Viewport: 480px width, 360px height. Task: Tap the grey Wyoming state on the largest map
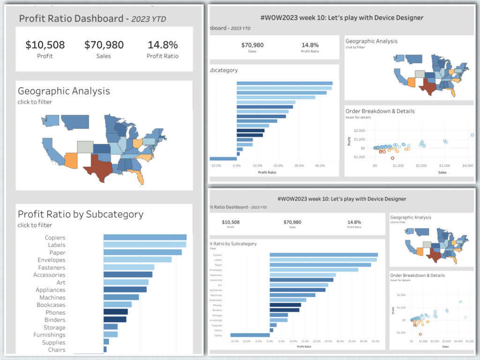pos(85,147)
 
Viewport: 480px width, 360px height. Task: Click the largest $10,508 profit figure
pos(45,45)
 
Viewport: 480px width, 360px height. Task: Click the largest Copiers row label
pos(55,238)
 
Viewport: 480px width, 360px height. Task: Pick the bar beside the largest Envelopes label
pos(137,260)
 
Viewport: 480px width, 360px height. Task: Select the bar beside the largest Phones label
pos(115,312)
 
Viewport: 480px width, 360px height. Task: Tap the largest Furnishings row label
pos(49,335)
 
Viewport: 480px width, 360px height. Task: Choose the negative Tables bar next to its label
pos(250,335)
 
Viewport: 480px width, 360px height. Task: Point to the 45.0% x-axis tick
pos(375,341)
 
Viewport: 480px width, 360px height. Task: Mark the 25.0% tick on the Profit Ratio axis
pos(328,341)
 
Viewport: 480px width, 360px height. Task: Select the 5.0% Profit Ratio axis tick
pos(281,341)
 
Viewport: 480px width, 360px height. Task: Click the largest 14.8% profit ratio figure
pos(163,45)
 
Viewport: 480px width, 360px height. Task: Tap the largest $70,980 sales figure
pos(104,45)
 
